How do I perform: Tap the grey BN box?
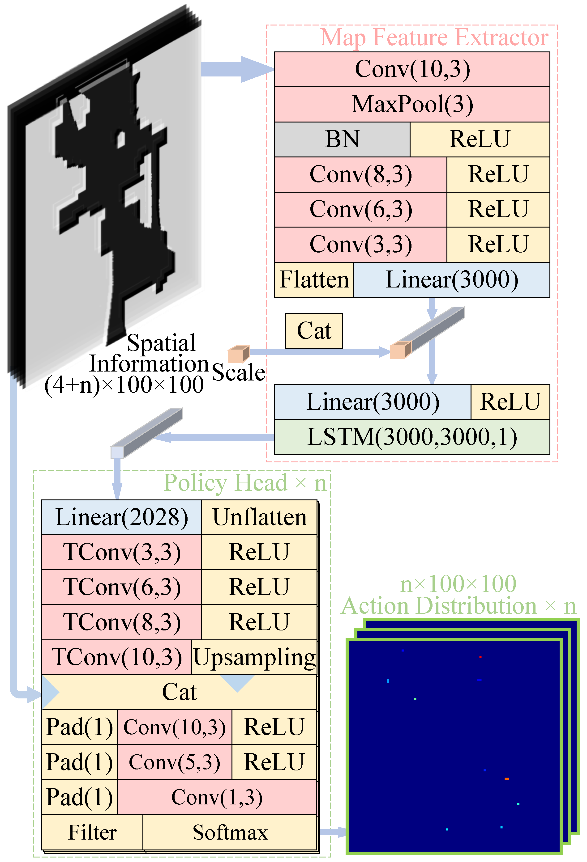click(x=342, y=139)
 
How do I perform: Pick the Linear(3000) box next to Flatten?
click(x=451, y=280)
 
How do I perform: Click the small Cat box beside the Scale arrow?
click(x=314, y=331)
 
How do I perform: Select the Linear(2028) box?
click(x=121, y=517)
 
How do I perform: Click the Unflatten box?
click(x=259, y=517)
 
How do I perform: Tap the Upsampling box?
click(x=254, y=658)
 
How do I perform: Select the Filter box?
click(x=92, y=832)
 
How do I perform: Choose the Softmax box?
click(x=230, y=832)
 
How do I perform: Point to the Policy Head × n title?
click(x=245, y=483)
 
